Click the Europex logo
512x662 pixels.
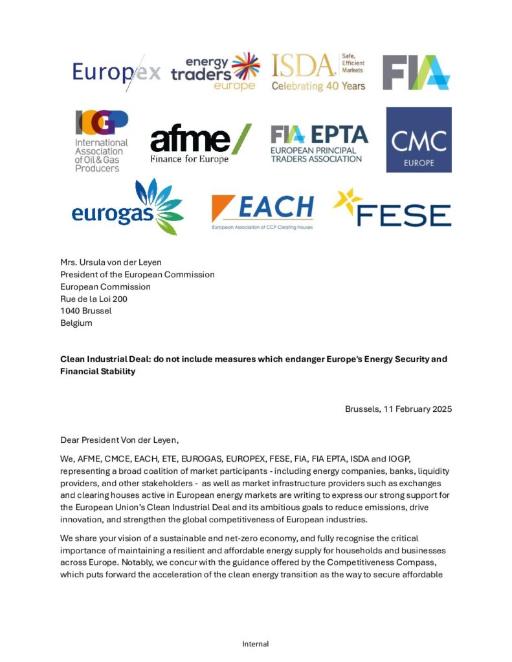click(117, 71)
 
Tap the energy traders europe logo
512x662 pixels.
click(215, 71)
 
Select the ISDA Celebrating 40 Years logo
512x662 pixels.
click(318, 72)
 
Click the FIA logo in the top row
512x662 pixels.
click(416, 72)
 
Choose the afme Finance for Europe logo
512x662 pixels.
click(200, 144)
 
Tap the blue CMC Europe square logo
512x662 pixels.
click(419, 140)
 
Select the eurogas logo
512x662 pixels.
click(128, 207)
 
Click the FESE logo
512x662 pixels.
click(392, 209)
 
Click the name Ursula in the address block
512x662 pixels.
click(98, 262)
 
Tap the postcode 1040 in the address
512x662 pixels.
click(72, 311)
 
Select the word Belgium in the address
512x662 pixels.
click(76, 323)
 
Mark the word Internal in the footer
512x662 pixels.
click(256, 644)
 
